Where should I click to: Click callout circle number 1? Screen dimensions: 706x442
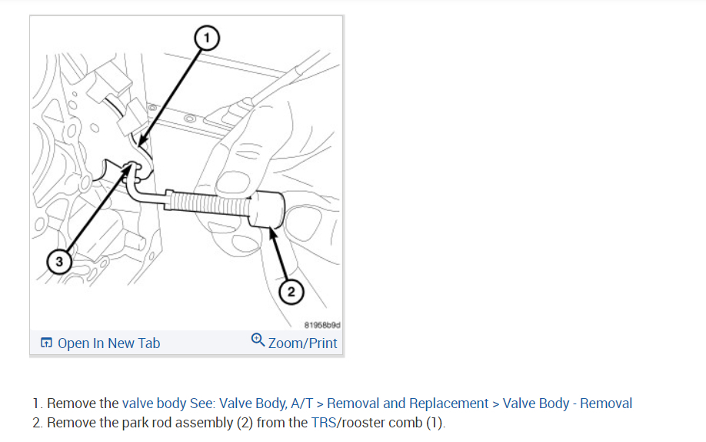[x=206, y=35]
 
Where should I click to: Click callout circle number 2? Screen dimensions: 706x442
[x=290, y=291]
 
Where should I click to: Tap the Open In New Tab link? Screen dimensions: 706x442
[x=108, y=343]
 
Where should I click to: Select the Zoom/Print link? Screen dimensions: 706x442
[x=302, y=343]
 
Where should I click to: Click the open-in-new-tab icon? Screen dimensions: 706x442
[x=47, y=343]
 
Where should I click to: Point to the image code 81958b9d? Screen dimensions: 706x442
[x=322, y=326]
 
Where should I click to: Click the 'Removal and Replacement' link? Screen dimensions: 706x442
[x=408, y=403]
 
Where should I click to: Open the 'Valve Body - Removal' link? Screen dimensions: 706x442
[x=568, y=403]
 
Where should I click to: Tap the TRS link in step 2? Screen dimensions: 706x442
[x=321, y=423]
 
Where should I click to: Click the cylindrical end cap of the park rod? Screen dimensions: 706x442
[x=268, y=209]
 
